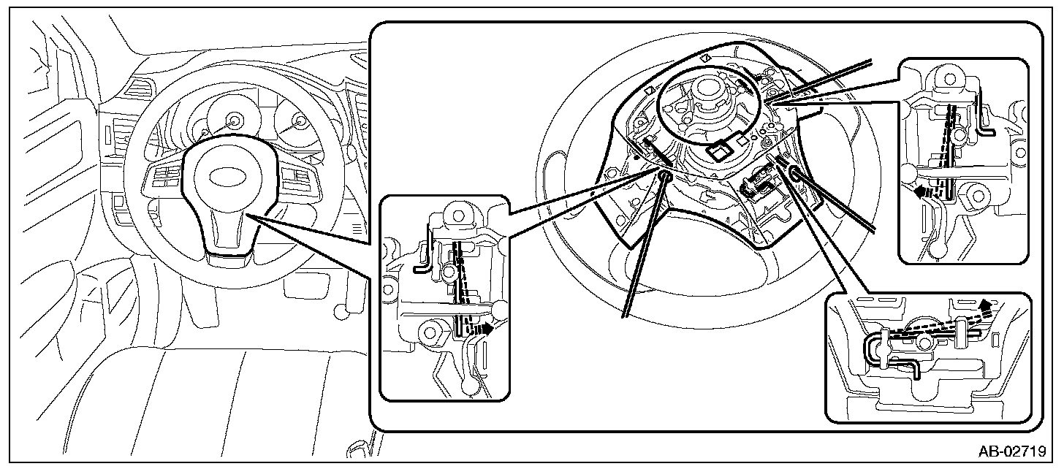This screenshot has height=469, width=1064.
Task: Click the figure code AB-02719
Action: [1011, 451]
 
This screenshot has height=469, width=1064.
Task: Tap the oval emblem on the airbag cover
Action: [230, 177]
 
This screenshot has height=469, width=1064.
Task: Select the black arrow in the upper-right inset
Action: [922, 191]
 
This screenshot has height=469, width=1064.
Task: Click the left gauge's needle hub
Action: [234, 120]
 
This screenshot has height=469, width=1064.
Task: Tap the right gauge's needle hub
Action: [300, 121]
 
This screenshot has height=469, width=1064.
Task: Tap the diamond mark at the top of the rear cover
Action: [706, 58]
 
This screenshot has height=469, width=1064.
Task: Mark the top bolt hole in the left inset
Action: [458, 216]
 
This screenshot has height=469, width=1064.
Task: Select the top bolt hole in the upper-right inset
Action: [949, 79]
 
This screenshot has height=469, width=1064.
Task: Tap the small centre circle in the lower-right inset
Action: [924, 343]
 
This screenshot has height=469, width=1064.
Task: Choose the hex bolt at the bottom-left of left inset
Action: [430, 332]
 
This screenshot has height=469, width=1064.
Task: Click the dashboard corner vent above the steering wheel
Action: [140, 87]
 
